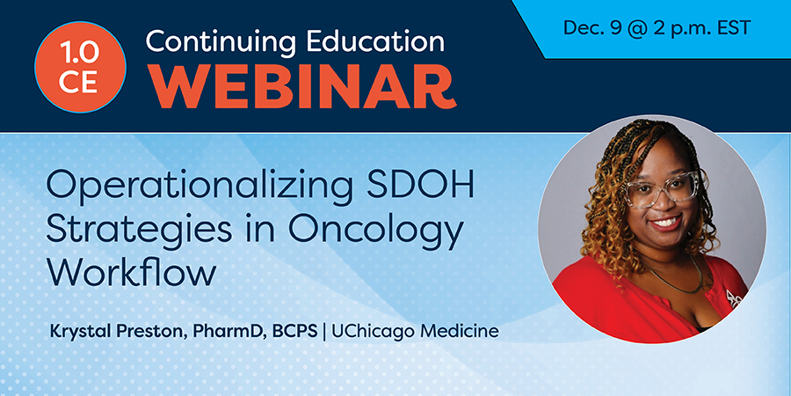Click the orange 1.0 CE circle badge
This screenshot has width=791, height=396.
point(80,67)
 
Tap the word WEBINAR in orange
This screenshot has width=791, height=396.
point(301,86)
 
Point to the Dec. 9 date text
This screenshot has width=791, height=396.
point(591,28)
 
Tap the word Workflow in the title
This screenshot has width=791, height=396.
point(131,274)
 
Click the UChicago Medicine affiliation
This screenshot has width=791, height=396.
point(415,332)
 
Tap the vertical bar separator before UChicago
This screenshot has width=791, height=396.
point(323,332)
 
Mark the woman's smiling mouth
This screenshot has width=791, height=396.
point(667,223)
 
